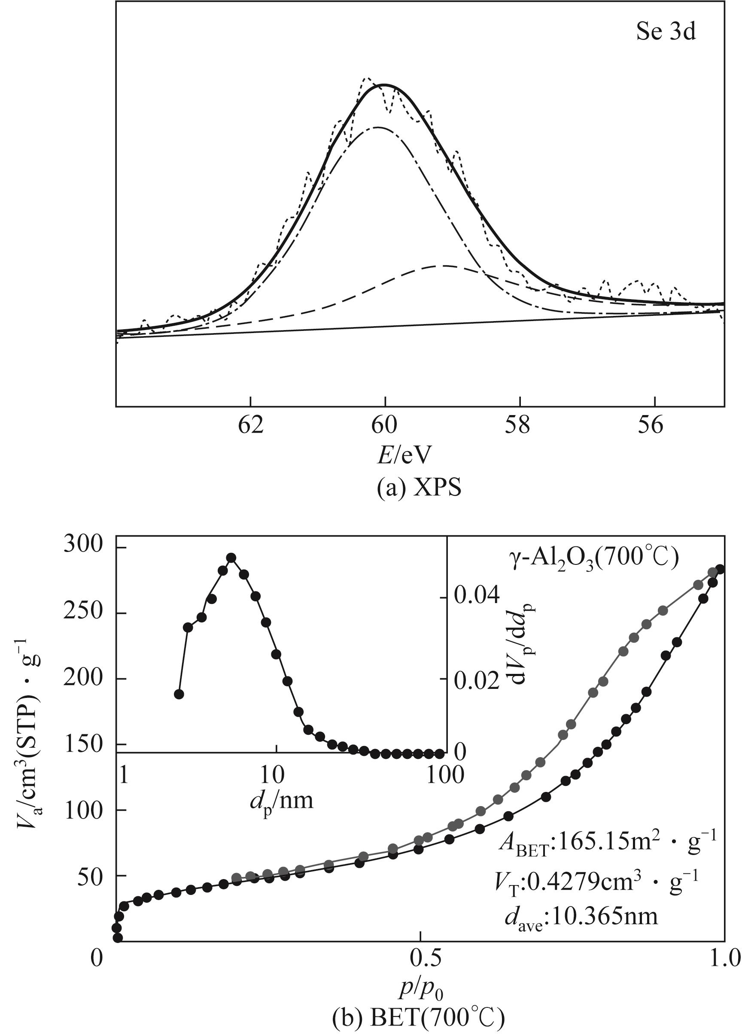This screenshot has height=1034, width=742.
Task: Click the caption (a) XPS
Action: click(x=419, y=487)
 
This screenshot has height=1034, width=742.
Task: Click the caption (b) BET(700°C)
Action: click(x=418, y=1021)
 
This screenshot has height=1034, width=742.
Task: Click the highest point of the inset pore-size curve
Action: click(x=231, y=558)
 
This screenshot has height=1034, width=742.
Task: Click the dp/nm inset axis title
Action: click(x=281, y=801)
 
